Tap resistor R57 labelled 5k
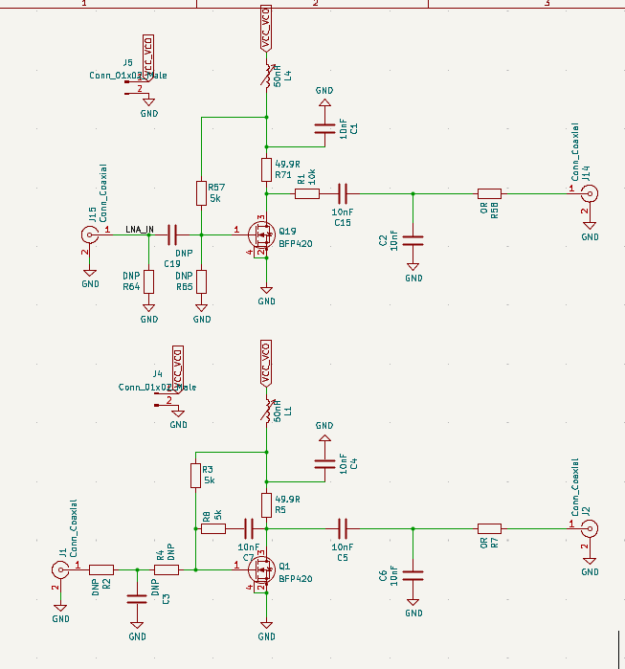tap(201, 193)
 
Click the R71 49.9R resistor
tap(267, 169)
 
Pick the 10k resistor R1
tap(306, 193)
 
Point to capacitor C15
tap(343, 193)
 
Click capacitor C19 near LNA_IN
tap(173, 233)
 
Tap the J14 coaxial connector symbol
tap(591, 193)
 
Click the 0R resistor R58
tap(489, 193)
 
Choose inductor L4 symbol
tap(267, 74)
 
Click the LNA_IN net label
tap(139, 228)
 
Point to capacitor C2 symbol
tap(413, 239)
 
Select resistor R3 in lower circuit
tap(195, 475)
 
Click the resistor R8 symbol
tap(212, 528)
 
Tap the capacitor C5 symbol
tap(343, 528)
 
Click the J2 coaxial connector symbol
tap(591, 528)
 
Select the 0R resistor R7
tap(489, 528)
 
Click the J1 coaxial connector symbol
tap(60, 569)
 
